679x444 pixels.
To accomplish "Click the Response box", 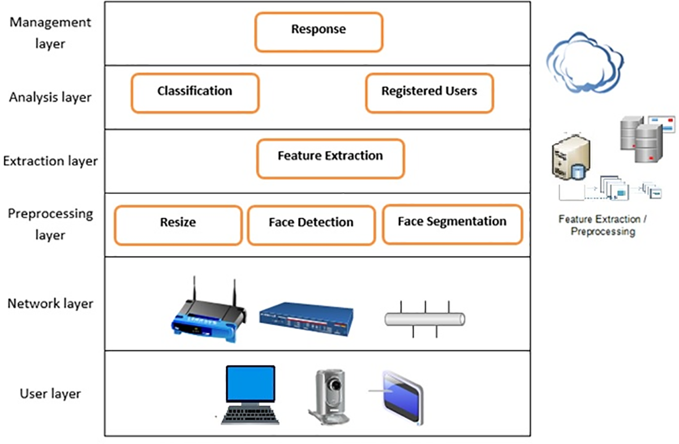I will coord(319,32).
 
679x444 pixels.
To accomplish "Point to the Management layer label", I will coord(50,33).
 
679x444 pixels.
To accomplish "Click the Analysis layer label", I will coord(50,97).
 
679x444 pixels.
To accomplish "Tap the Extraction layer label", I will coord(50,161).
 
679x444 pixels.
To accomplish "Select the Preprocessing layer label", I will coord(50,224).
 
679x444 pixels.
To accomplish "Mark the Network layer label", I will coord(50,304).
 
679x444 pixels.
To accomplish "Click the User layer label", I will coord(50,394).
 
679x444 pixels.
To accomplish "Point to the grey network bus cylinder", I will coord(425,319).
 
